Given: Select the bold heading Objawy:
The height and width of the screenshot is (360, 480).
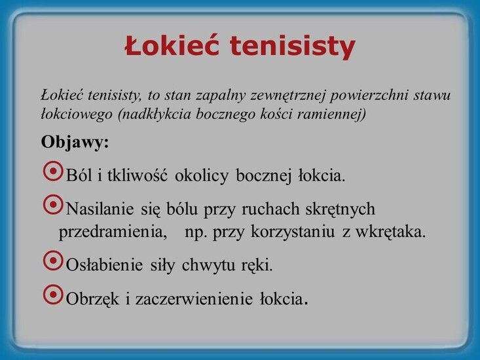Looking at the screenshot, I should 75,142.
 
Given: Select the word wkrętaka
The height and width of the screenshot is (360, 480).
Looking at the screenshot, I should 396,232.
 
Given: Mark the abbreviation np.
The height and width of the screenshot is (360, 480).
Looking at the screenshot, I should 196,232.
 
